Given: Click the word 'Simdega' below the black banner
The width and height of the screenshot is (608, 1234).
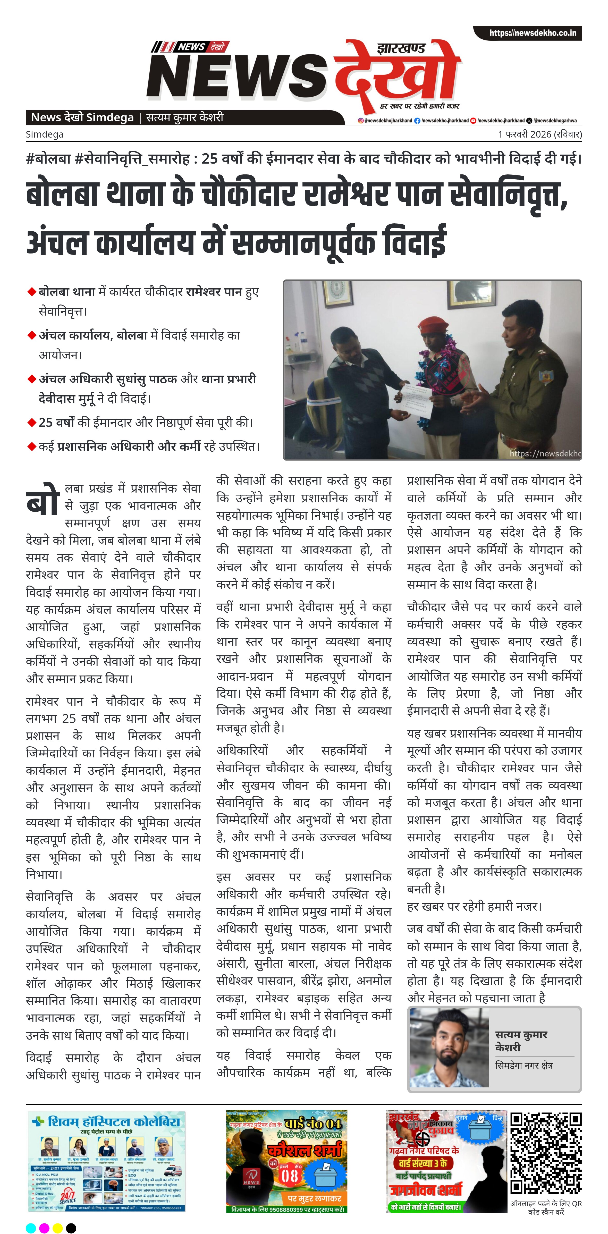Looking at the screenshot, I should pos(45,134).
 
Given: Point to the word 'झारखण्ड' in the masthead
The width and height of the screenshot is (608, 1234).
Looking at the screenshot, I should pos(401,48).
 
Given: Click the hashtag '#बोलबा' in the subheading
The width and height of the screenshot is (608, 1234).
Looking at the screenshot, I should pos(48,158).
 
